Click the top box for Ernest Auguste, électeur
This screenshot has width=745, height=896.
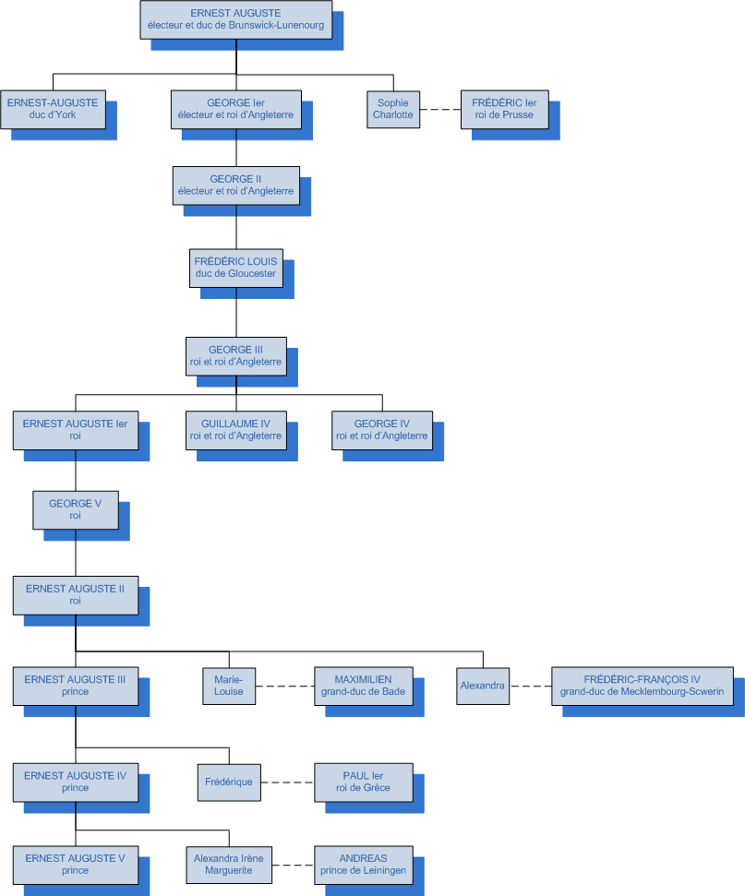coord(235,19)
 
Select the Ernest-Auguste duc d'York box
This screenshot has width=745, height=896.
coord(52,109)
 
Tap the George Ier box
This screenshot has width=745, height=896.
coord(236,109)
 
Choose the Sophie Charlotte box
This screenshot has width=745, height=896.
coord(393,109)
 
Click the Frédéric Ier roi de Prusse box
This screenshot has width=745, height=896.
coord(504,109)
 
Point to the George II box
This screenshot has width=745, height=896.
coord(236,185)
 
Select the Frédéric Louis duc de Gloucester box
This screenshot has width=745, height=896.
coord(235,267)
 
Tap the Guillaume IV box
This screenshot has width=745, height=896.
coord(235,430)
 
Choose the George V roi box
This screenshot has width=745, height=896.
coord(76,509)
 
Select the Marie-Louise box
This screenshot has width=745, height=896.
coord(229,686)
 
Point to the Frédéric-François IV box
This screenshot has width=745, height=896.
coord(643,686)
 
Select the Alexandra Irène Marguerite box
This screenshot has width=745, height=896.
coord(229,865)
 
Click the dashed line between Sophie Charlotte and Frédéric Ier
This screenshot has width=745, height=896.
coord(441,110)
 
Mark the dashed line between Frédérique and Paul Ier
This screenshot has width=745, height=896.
coord(288,783)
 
